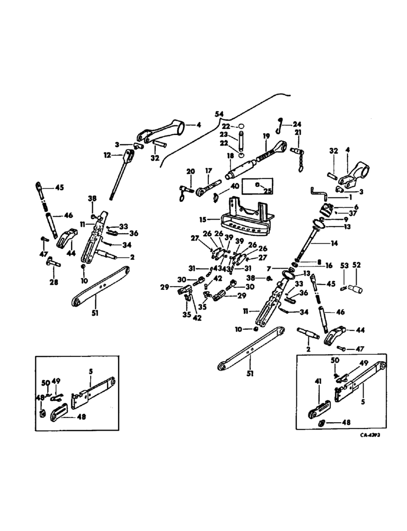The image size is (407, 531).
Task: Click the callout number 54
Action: click(219, 114)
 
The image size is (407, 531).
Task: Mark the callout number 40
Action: click(234, 186)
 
